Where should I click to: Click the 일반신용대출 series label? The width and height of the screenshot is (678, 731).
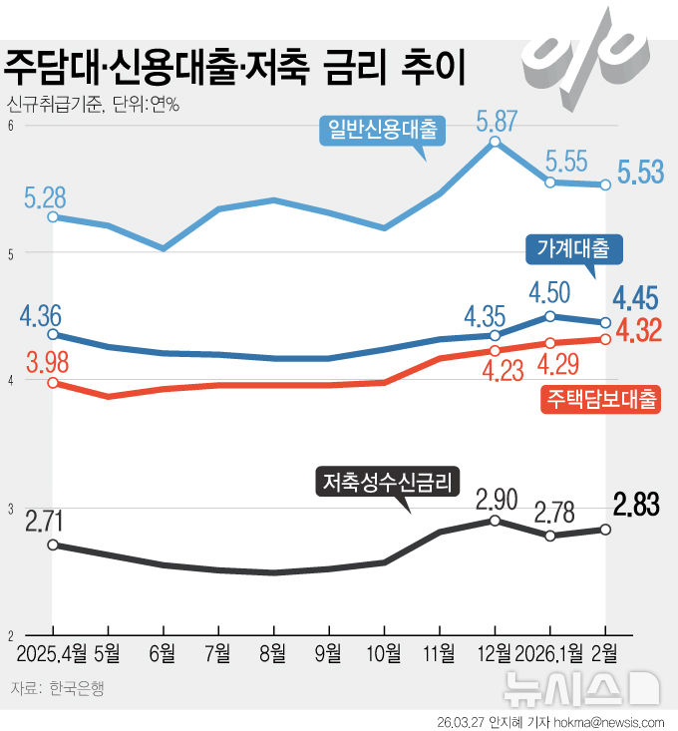pos(382,129)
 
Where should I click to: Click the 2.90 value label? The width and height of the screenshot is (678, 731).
pos(496,498)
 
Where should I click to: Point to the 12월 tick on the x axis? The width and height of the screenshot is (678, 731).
pos(496,653)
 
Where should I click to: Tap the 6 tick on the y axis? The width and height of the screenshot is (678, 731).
pos(9,126)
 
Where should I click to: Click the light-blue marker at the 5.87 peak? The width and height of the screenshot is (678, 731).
pos(496,142)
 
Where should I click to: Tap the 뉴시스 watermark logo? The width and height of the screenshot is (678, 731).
pos(581,686)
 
